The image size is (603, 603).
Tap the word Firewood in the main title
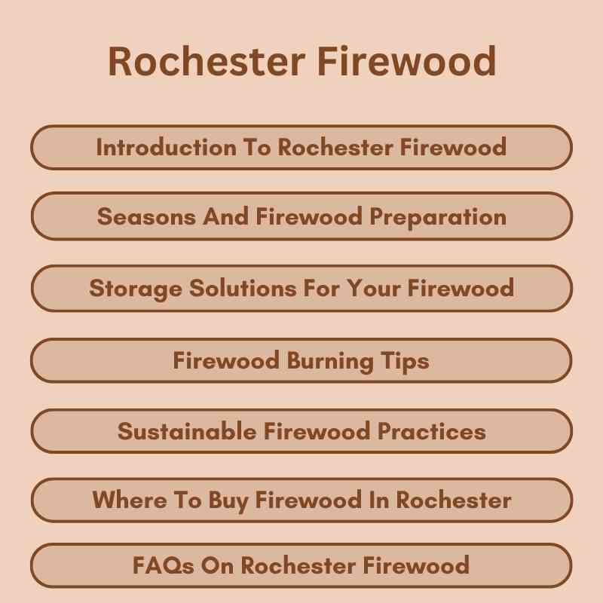click(x=408, y=61)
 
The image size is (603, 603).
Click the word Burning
click(x=329, y=360)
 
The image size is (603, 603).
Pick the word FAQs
click(x=164, y=565)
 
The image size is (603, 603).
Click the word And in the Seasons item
click(x=226, y=217)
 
